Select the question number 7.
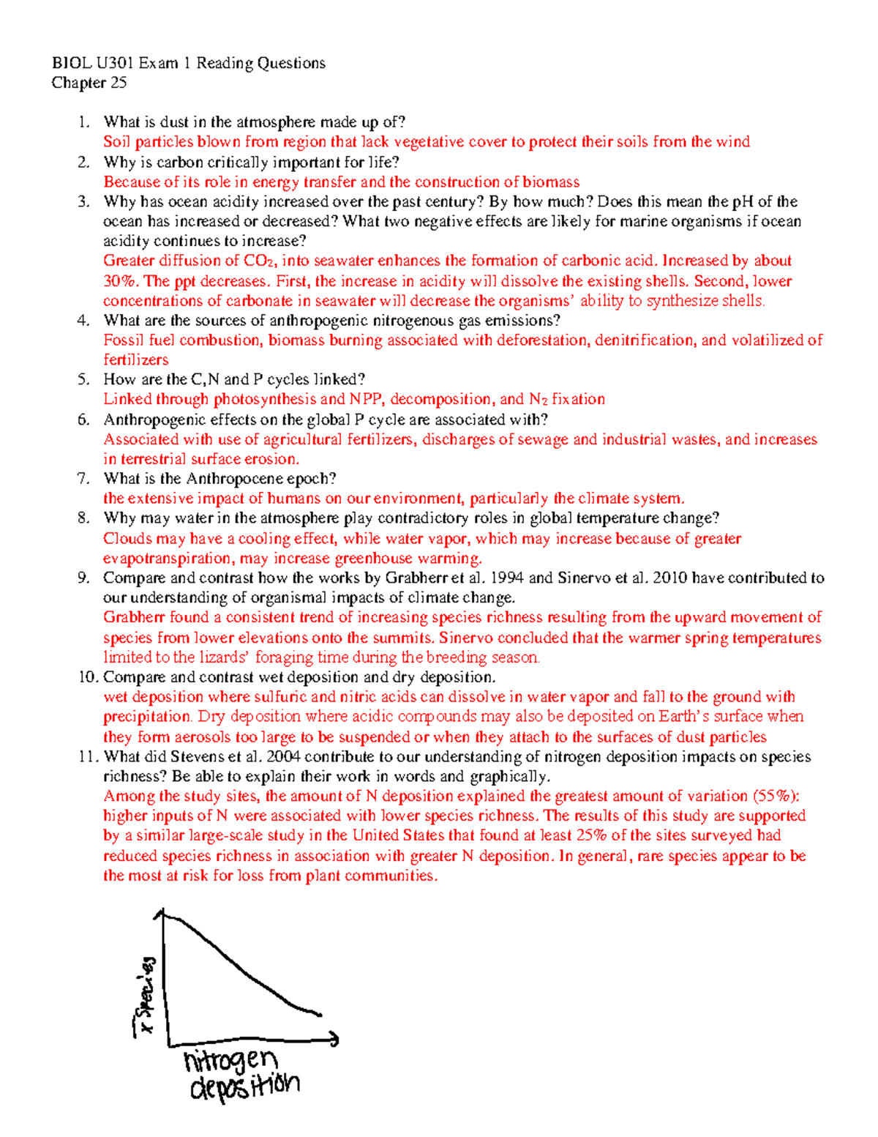83,479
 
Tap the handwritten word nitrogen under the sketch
230,1060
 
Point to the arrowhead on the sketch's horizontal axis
334,1038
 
